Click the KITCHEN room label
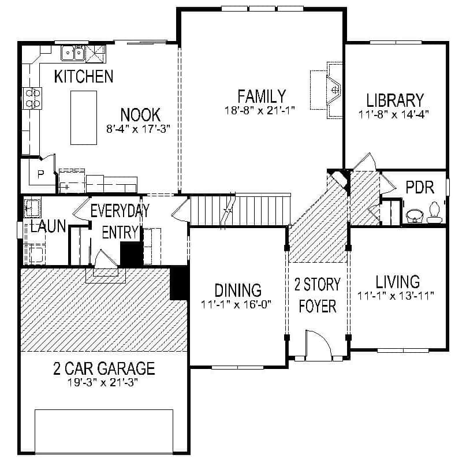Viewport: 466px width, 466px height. (x=83, y=76)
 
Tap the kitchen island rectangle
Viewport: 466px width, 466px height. (x=84, y=117)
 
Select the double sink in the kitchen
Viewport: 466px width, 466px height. (x=73, y=53)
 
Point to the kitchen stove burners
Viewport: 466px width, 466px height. (x=32, y=98)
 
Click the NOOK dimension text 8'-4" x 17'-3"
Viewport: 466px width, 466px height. (x=140, y=129)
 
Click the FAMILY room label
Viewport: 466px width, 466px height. (x=261, y=96)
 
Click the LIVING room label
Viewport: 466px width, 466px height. (x=397, y=282)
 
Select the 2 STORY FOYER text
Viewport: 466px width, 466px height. (x=317, y=294)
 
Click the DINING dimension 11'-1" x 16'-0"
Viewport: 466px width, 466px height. (x=236, y=304)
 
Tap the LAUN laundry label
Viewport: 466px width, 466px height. (x=48, y=226)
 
